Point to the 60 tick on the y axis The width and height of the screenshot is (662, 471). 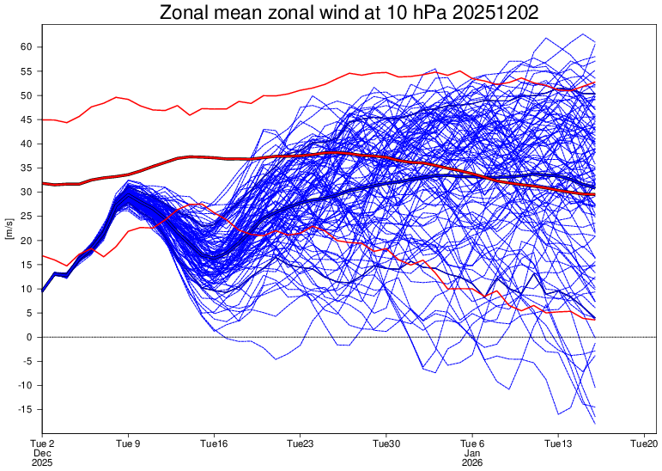27,46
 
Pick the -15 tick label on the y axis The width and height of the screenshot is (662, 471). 25,409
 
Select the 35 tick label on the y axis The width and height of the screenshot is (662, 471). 27,168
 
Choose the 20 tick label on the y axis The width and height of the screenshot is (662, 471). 27,240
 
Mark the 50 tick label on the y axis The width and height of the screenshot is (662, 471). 27,95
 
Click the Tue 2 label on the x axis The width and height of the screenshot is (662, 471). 42,443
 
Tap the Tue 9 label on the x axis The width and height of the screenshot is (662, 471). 128,443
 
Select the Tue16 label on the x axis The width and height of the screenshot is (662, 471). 214,443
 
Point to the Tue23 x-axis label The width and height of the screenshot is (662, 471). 301,443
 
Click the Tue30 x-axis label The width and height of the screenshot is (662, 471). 386,443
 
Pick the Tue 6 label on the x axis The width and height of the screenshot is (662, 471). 472,443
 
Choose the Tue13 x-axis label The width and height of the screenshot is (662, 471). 559,443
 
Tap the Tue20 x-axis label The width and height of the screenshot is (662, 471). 645,443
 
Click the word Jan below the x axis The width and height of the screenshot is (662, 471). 472,453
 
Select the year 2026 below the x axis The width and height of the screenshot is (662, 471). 472,463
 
